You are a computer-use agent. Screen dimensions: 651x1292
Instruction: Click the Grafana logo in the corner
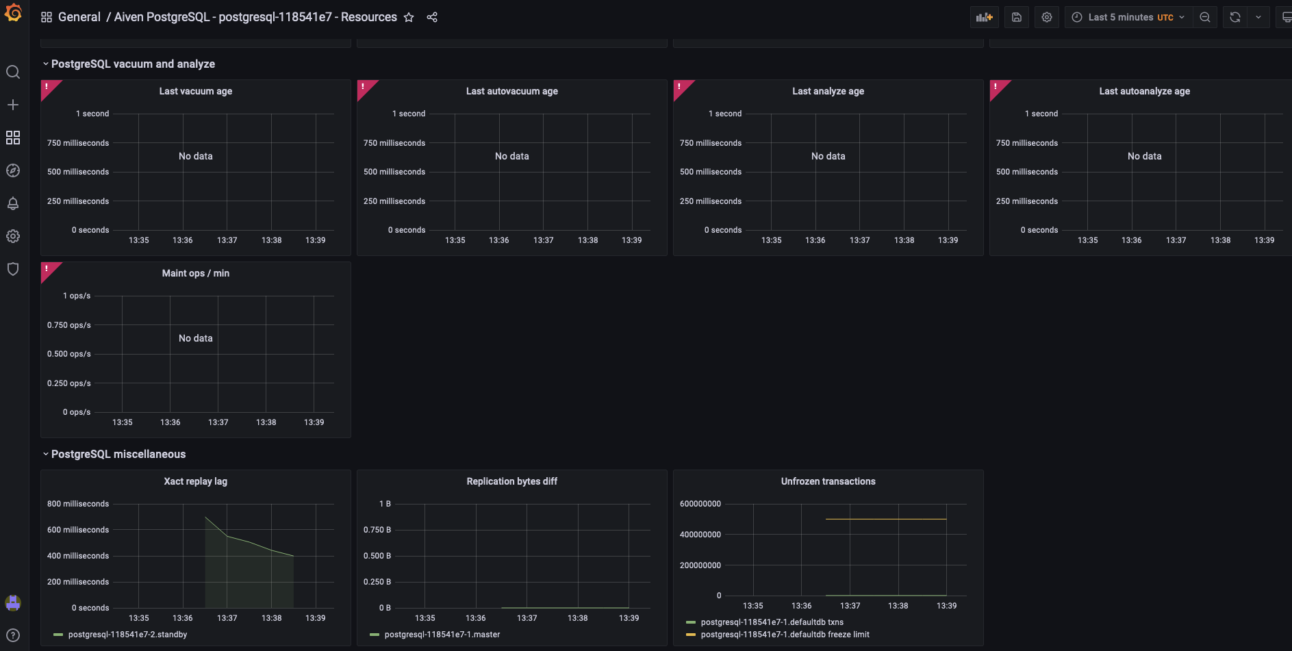(x=13, y=13)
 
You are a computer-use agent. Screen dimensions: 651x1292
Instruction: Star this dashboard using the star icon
(x=409, y=17)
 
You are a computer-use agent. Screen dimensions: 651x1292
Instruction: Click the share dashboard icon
(x=432, y=17)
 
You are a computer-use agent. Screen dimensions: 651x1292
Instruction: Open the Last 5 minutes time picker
(x=1128, y=17)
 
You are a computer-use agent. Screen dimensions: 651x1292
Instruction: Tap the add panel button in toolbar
(x=984, y=17)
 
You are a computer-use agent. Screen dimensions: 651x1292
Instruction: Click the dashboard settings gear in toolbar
(x=1046, y=17)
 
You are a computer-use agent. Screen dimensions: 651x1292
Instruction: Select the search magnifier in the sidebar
(x=13, y=72)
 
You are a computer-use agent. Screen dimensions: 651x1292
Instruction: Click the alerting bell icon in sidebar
(x=13, y=203)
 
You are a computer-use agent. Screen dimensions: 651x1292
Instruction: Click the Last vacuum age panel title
(x=196, y=91)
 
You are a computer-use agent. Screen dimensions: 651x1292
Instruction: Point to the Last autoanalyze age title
(x=1144, y=91)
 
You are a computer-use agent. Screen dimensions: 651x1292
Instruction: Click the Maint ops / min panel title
(x=196, y=273)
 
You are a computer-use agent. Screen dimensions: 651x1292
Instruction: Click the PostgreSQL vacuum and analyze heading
(x=133, y=64)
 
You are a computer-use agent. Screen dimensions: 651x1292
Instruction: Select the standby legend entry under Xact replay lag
(x=127, y=635)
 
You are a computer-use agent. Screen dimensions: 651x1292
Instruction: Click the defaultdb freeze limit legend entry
(x=785, y=635)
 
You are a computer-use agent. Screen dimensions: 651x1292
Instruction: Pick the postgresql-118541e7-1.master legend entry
(x=442, y=635)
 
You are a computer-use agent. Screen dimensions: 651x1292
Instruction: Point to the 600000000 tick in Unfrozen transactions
(x=700, y=504)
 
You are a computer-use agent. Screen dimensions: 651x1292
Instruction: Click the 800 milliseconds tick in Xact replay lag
(x=78, y=504)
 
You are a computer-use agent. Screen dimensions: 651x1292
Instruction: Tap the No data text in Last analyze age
(x=828, y=156)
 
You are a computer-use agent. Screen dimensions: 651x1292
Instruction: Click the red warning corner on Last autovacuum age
(x=364, y=87)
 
